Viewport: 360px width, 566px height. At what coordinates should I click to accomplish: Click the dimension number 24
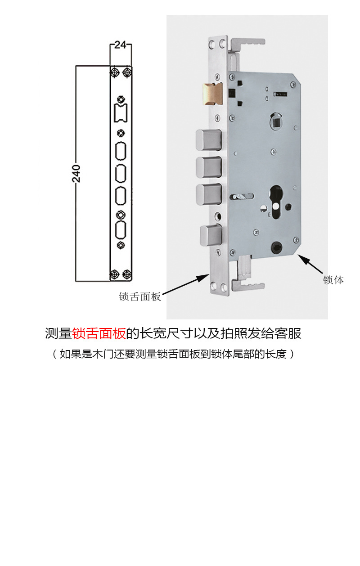(120, 45)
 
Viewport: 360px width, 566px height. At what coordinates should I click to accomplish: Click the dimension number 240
(76, 173)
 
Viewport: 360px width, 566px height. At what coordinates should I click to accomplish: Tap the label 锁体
(333, 280)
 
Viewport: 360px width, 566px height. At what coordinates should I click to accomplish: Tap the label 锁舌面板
(140, 297)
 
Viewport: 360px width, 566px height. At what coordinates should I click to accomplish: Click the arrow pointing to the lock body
(310, 264)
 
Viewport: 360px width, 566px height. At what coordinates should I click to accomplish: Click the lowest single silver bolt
(211, 236)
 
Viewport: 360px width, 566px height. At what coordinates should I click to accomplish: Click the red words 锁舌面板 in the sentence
(99, 333)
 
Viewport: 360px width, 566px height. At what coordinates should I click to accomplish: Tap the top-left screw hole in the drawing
(115, 72)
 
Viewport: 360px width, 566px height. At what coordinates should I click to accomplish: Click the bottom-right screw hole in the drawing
(127, 274)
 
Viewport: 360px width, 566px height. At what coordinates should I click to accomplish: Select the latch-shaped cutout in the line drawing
(121, 112)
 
